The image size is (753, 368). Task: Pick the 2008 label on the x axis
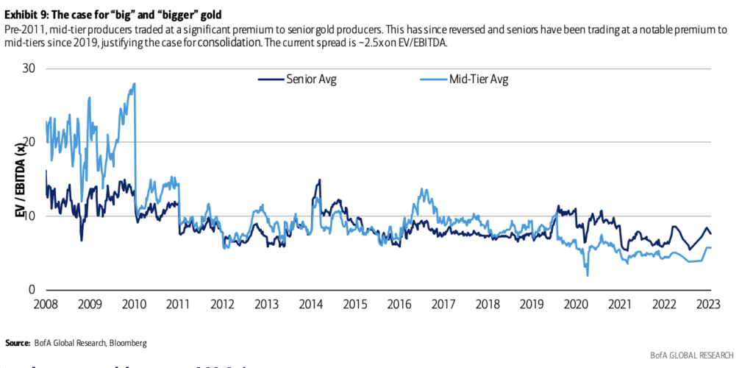[45, 304]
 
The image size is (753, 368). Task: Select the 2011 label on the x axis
[178, 304]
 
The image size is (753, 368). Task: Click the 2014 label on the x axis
[311, 304]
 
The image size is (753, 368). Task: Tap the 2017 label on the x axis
[444, 304]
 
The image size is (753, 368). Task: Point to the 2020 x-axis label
[577, 304]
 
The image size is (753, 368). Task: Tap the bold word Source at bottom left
[18, 343]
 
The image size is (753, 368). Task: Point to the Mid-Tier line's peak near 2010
[134, 84]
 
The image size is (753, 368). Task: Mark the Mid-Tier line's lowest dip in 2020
[588, 275]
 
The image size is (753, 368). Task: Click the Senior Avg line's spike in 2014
[319, 180]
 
